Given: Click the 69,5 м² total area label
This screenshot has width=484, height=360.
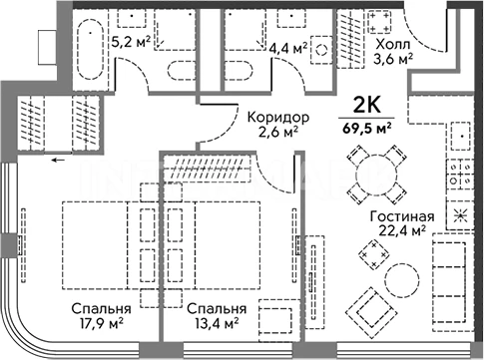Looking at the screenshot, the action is pyautogui.click(x=366, y=128).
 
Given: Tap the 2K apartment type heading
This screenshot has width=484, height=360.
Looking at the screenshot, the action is pyautogui.click(x=366, y=106).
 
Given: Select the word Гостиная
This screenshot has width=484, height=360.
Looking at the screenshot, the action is pyautogui.click(x=402, y=216).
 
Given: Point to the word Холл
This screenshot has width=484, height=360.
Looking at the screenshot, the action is pyautogui.click(x=393, y=44).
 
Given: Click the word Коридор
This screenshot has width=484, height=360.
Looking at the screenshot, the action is pyautogui.click(x=278, y=117).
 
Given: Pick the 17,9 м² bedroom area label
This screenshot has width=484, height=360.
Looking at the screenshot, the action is pyautogui.click(x=101, y=323).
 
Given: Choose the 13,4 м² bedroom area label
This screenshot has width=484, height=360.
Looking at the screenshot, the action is pyautogui.click(x=217, y=323).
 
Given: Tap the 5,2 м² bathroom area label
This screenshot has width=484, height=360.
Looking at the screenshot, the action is pyautogui.click(x=131, y=42).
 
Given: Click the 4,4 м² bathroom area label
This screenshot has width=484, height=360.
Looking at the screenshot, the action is pyautogui.click(x=288, y=49).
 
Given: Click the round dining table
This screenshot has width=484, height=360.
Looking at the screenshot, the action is pyautogui.click(x=377, y=175).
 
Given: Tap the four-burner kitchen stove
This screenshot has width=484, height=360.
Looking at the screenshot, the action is pyautogui.click(x=460, y=176).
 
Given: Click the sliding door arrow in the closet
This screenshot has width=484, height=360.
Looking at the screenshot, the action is pyautogui.click(x=58, y=161).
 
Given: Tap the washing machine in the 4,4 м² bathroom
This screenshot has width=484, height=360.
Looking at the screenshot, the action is pyautogui.click(x=321, y=50).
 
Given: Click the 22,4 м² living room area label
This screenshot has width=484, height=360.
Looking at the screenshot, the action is pyautogui.click(x=402, y=229).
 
